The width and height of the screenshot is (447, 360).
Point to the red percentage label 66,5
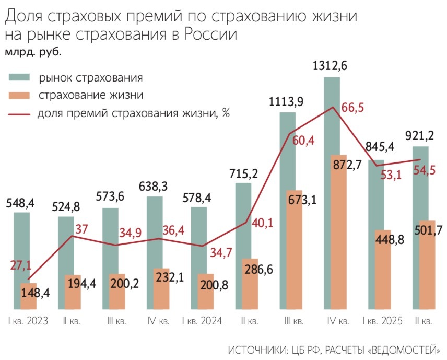click(x=352, y=108)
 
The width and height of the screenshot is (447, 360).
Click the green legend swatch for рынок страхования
click(x=19, y=78)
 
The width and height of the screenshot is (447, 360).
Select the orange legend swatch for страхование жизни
click(x=19, y=96)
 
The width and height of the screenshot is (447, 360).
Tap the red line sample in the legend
click(x=19, y=113)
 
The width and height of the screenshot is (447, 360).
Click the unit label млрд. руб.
click(x=33, y=52)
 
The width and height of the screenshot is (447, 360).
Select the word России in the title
click(x=209, y=34)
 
